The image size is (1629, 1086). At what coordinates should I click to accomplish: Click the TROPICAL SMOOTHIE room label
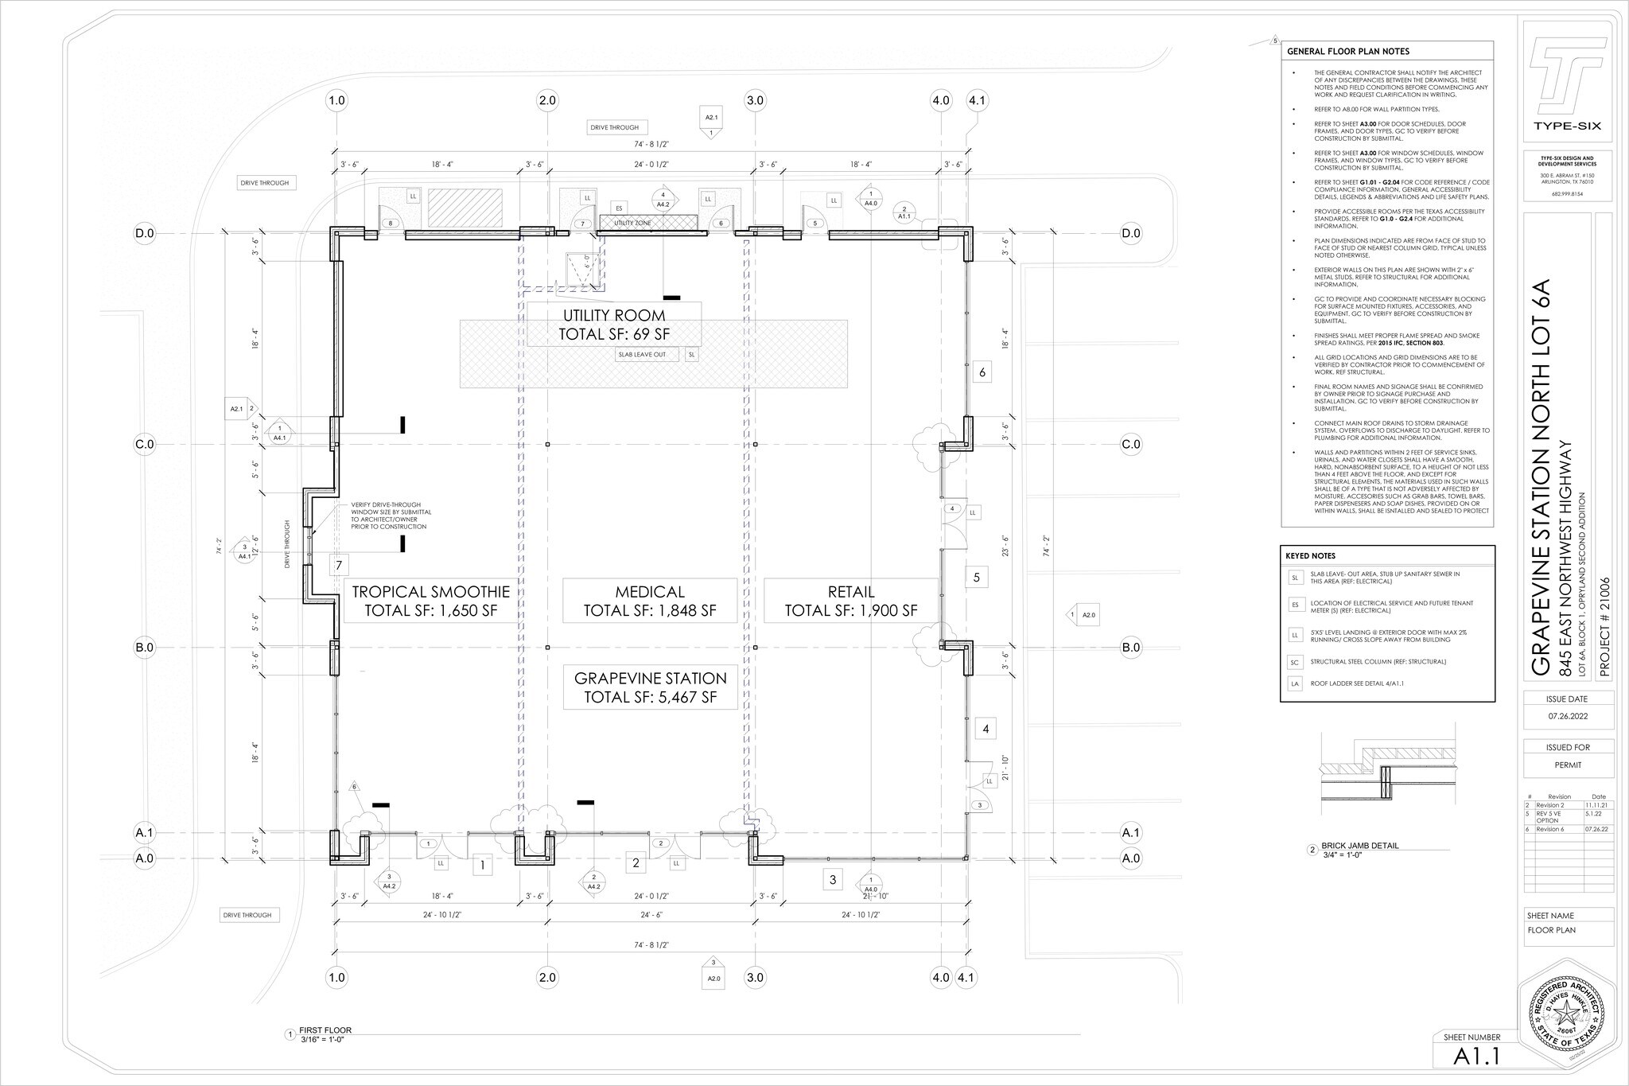(x=430, y=601)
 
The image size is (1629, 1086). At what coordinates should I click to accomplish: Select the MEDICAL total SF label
(x=650, y=601)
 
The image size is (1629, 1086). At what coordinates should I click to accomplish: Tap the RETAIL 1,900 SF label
(x=851, y=601)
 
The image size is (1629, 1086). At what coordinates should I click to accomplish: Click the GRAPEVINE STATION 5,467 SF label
(x=650, y=687)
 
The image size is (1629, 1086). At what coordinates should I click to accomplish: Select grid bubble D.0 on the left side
(x=144, y=233)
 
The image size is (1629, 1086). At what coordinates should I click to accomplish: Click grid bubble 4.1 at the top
(x=977, y=101)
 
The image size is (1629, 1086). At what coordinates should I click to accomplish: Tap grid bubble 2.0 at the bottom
(x=547, y=977)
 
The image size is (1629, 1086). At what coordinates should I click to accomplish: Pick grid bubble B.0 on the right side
(x=1131, y=648)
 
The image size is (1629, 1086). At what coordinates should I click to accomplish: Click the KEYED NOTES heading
(x=1310, y=555)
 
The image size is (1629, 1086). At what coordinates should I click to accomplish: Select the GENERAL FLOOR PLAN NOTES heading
(x=1347, y=52)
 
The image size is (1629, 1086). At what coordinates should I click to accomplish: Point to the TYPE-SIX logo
(x=1567, y=88)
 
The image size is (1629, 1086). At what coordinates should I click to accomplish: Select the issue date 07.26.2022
(x=1568, y=714)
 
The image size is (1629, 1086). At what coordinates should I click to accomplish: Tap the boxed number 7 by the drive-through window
(x=339, y=566)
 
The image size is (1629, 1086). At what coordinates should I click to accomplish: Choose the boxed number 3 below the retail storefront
(x=833, y=879)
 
